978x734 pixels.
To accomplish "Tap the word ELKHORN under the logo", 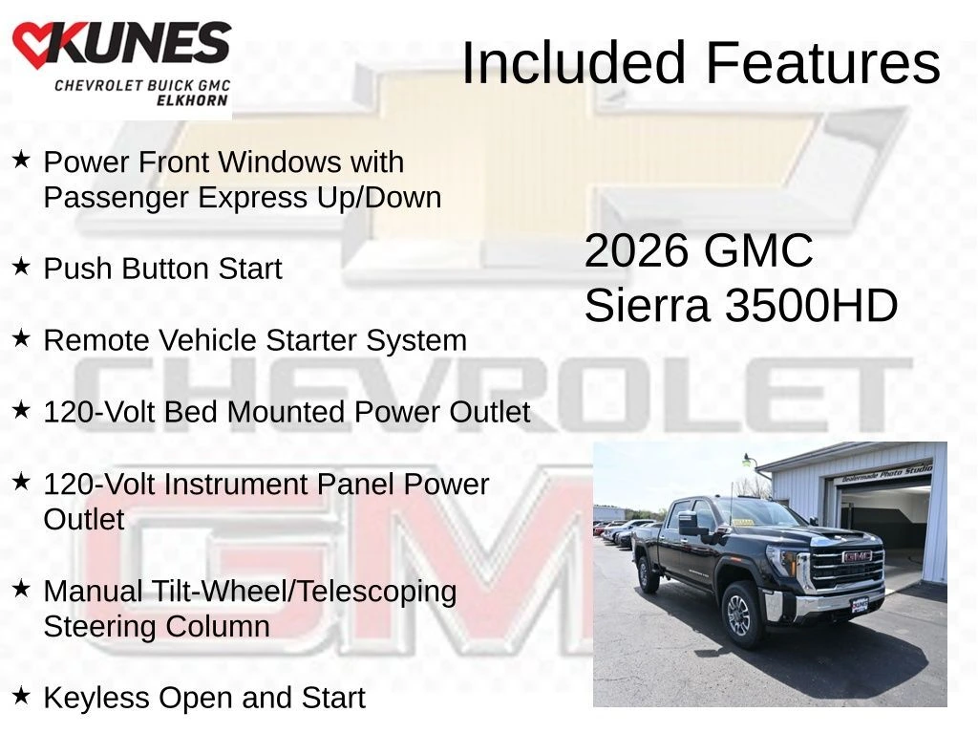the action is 192,100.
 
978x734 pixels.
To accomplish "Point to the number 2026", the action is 637,251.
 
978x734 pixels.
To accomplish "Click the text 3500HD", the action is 811,306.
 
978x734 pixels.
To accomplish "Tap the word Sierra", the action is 648,306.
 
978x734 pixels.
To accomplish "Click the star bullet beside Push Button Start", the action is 21,267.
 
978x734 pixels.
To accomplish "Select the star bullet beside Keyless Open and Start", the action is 21,696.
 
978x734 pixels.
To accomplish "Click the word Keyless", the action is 96,698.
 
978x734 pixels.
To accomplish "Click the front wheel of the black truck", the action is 740,615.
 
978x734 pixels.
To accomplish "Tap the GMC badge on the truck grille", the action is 856,557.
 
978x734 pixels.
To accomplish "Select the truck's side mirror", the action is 690,523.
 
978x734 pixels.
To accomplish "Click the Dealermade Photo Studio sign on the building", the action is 887,473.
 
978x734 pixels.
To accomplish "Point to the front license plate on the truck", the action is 860,605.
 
